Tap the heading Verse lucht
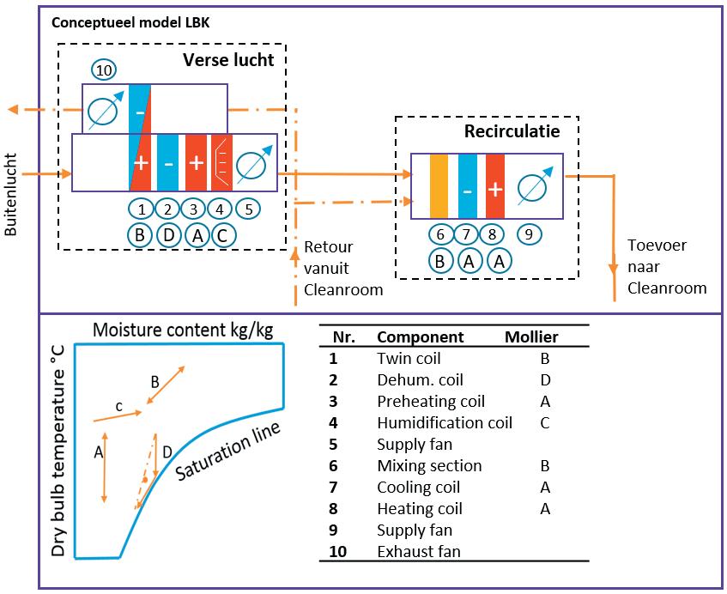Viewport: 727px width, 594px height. [228, 61]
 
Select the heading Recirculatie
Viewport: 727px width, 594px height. [512, 131]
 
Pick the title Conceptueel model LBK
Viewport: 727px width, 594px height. [130, 22]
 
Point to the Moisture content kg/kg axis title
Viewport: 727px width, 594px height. [183, 330]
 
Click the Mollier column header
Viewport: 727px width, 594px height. [531, 337]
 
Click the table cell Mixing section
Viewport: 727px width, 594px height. [429, 465]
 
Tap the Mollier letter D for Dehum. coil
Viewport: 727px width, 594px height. [544, 379]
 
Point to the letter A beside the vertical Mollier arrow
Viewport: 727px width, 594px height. [99, 452]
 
